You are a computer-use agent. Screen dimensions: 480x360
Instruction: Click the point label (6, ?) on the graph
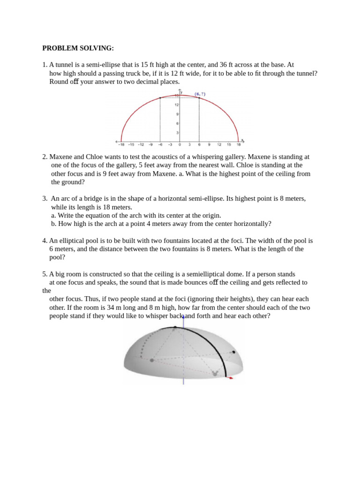coord(200,94)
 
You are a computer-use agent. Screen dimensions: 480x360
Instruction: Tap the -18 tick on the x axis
coord(121,145)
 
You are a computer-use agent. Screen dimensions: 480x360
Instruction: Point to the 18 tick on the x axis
coord(238,145)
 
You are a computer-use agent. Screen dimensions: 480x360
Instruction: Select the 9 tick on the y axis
coord(177,114)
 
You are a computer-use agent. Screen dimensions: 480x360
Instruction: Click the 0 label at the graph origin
coord(180,145)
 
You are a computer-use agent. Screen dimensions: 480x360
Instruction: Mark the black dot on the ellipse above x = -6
coord(160,98)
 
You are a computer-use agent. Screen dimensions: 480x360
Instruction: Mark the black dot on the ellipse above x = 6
coord(199,98)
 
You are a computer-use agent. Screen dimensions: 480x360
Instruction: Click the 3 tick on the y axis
coord(177,133)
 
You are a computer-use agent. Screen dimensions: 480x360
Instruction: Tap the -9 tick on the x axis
coord(150,145)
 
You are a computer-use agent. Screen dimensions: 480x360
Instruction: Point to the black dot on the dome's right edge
coord(233,352)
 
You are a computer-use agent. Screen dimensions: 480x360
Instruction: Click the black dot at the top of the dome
coord(169,329)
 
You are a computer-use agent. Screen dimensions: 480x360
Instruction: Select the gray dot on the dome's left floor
coord(151,360)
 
